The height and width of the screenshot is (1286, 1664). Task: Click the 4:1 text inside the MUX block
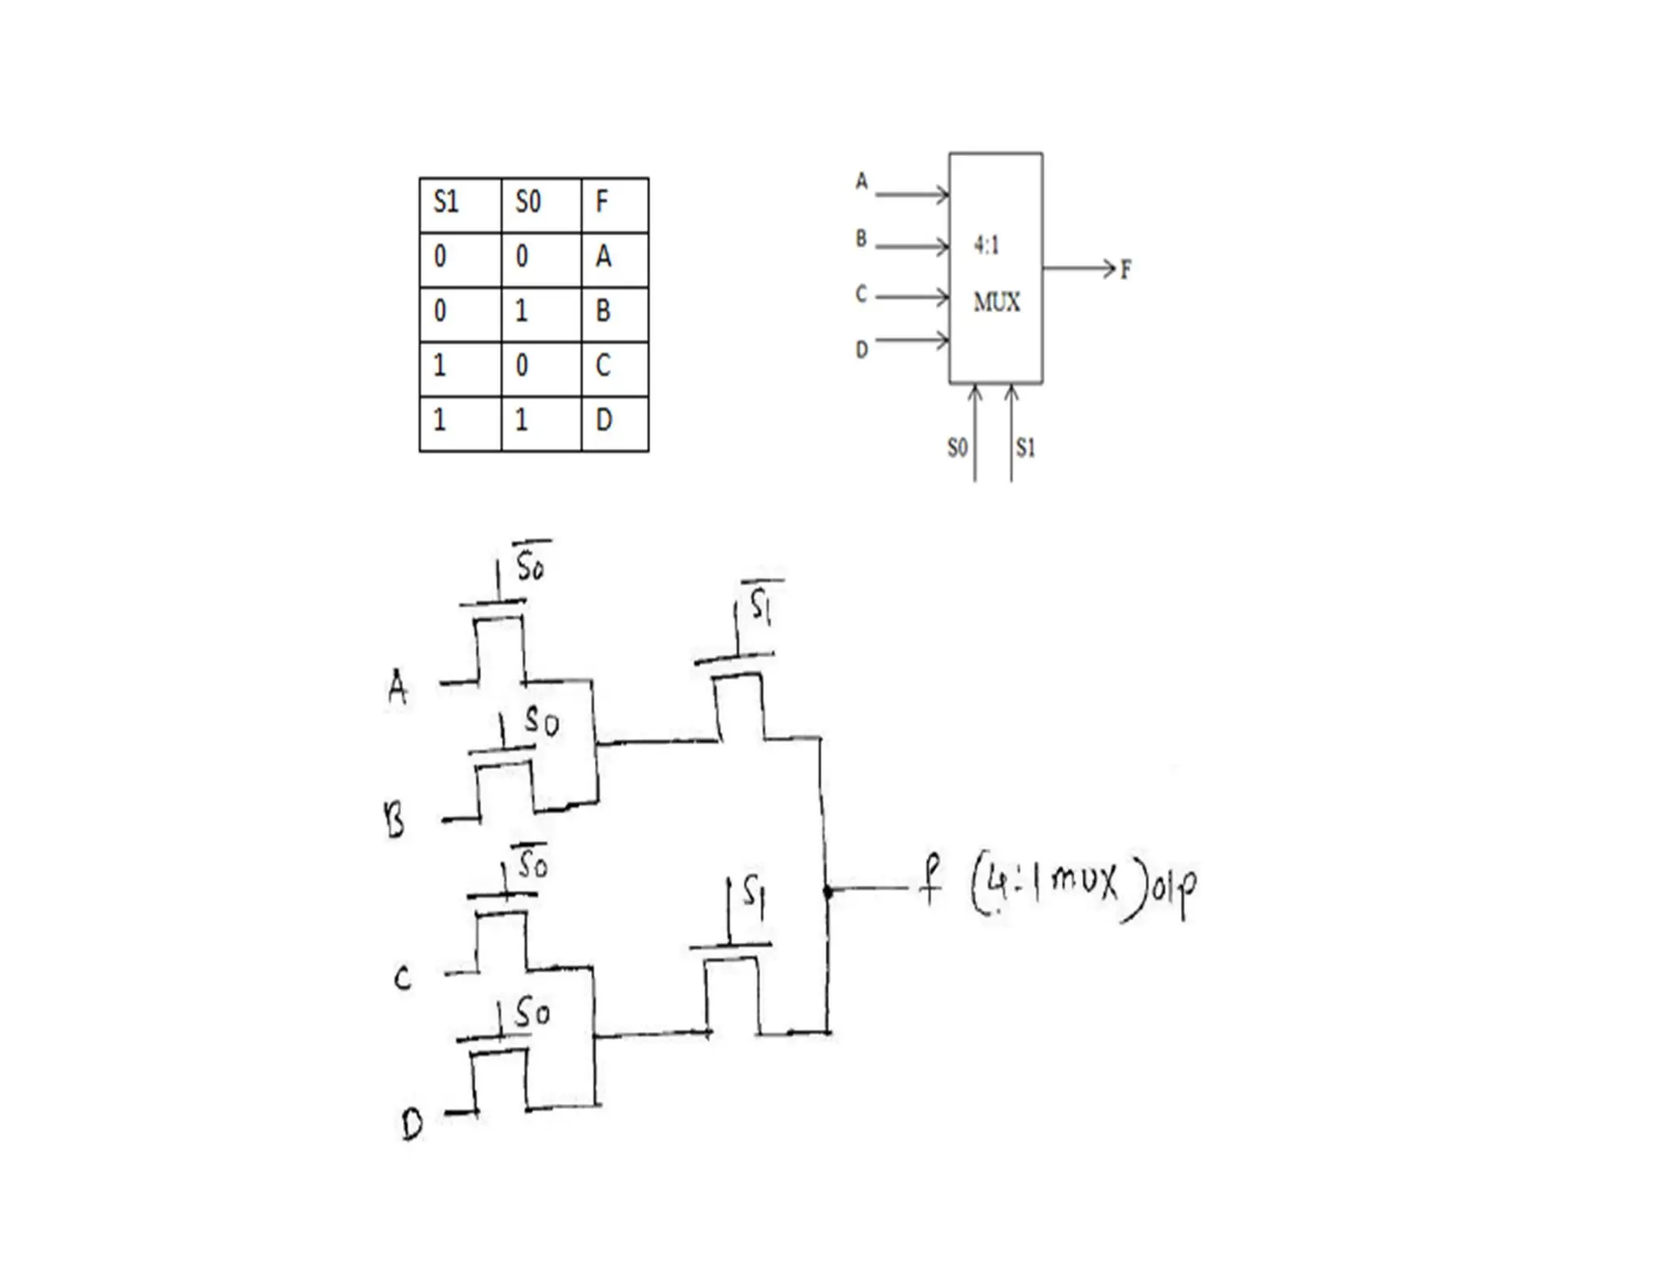pyautogui.click(x=986, y=245)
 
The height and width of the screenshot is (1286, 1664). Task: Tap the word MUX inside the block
pyautogui.click(x=996, y=302)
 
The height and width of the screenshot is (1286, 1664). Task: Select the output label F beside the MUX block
pyautogui.click(x=1125, y=270)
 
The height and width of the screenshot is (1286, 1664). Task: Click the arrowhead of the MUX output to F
pyautogui.click(x=1110, y=267)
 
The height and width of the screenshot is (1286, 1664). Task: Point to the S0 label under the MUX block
pyautogui.click(x=957, y=447)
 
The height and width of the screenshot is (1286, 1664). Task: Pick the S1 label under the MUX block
pyautogui.click(x=1025, y=447)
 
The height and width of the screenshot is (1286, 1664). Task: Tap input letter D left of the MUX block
pyautogui.click(x=862, y=350)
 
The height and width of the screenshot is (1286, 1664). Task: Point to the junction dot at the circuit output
pyautogui.click(x=828, y=892)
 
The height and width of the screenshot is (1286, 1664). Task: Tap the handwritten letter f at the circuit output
pyautogui.click(x=931, y=882)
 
